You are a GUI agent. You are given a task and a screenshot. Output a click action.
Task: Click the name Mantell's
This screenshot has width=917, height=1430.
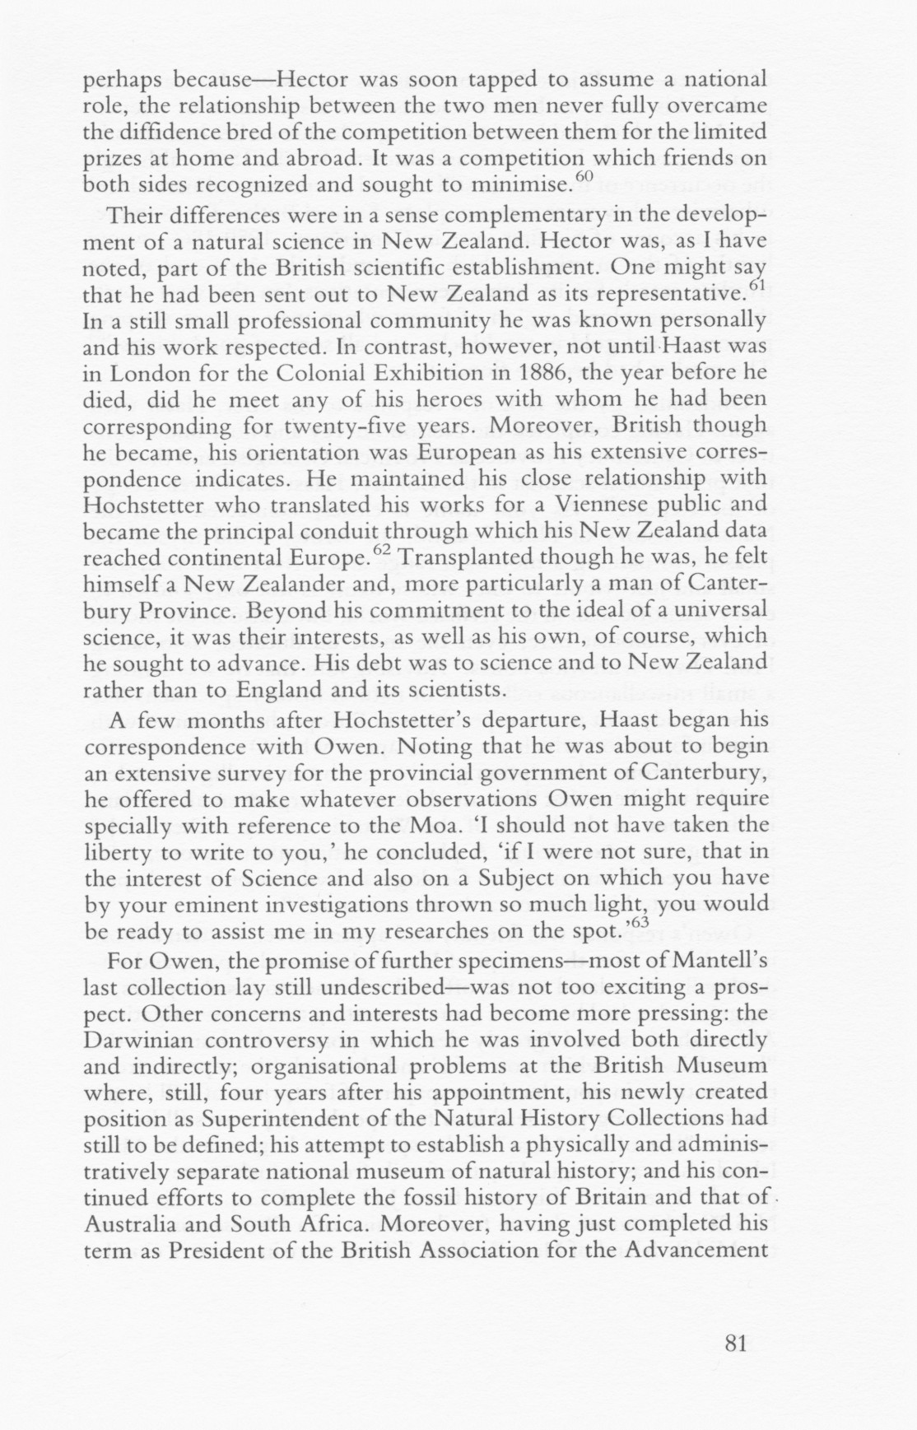716,960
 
